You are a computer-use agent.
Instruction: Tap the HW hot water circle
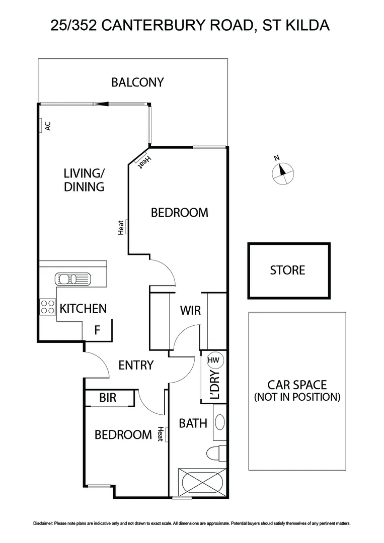[214, 360]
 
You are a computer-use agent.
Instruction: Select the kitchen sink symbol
[73, 279]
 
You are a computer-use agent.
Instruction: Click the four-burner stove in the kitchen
[47, 306]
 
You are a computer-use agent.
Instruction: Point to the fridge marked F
[98, 330]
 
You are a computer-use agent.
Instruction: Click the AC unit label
[48, 126]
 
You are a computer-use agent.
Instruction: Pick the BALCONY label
[137, 82]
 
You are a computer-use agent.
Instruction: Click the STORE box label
[287, 270]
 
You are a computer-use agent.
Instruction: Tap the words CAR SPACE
[297, 386]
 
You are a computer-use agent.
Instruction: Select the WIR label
[190, 311]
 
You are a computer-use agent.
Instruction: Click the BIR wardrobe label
[108, 398]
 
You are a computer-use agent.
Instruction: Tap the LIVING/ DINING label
[84, 180]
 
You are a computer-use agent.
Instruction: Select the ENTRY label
[135, 365]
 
